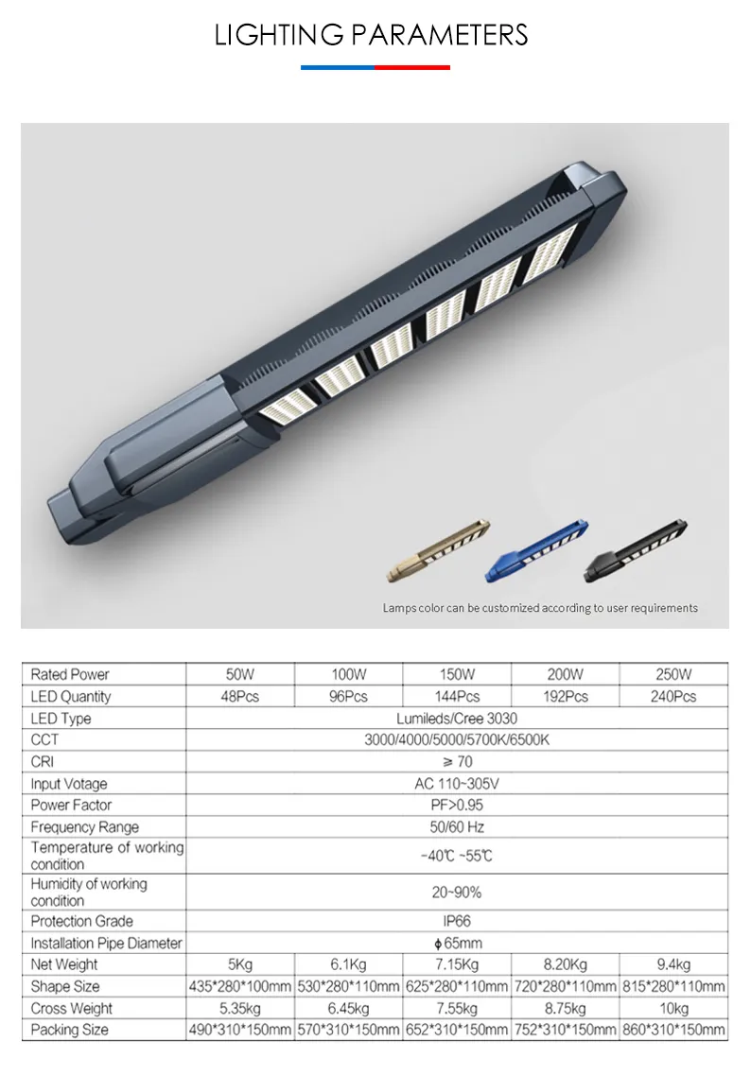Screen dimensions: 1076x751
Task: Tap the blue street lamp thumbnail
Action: click(x=538, y=549)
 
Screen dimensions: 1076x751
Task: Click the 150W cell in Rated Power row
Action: click(x=457, y=674)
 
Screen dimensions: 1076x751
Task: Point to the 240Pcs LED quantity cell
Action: click(x=673, y=697)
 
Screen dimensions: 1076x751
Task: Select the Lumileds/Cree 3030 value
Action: click(x=457, y=719)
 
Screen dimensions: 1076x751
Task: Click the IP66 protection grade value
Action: click(x=457, y=921)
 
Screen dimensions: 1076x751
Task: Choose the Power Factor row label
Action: click(x=71, y=805)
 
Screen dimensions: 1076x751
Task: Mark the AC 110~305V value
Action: click(x=457, y=784)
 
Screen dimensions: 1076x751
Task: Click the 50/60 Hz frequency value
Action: click(x=457, y=827)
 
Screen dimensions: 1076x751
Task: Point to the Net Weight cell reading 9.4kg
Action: click(x=673, y=964)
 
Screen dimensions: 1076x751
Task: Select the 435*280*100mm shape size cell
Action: click(x=240, y=987)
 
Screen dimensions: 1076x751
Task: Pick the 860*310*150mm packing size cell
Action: click(x=673, y=1030)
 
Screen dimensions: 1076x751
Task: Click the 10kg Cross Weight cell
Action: click(x=673, y=1009)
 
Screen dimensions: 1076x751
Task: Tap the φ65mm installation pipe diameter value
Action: click(x=457, y=944)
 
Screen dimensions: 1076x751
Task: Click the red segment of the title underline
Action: click(x=412, y=67)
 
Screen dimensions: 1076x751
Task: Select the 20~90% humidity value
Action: click(x=457, y=892)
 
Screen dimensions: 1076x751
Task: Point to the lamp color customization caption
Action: click(x=540, y=608)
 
